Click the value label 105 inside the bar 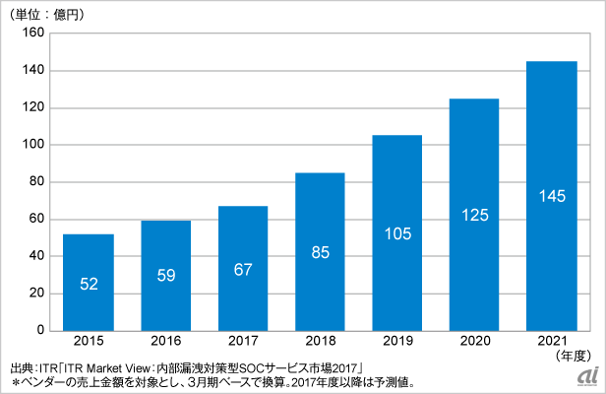coord(396,234)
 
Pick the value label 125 coord(474,216)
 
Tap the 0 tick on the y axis coord(40,330)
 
